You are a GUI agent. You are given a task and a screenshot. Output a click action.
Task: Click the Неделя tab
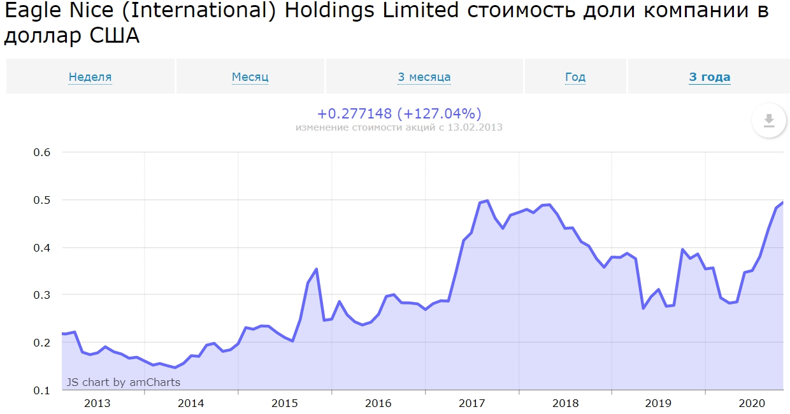pyautogui.click(x=90, y=77)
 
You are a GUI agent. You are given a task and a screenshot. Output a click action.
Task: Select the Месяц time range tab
pyautogui.click(x=250, y=77)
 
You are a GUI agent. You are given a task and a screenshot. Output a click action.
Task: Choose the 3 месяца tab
pyautogui.click(x=424, y=77)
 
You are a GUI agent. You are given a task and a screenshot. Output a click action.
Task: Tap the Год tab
pyautogui.click(x=575, y=77)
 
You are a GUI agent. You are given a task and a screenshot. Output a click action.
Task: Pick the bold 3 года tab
pyautogui.click(x=709, y=77)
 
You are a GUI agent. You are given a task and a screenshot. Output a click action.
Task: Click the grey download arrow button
pyautogui.click(x=768, y=120)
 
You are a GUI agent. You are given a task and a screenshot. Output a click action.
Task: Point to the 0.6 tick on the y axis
pyautogui.click(x=41, y=152)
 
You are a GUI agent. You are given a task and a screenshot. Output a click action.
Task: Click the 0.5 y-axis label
pyautogui.click(x=41, y=200)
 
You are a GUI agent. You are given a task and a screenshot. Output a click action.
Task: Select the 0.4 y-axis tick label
pyautogui.click(x=41, y=248)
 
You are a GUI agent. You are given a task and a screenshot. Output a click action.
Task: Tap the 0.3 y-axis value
pyautogui.click(x=41, y=295)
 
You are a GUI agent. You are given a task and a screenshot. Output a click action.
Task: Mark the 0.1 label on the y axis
pyautogui.click(x=41, y=390)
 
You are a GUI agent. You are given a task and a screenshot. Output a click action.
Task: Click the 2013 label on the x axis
pyautogui.click(x=97, y=403)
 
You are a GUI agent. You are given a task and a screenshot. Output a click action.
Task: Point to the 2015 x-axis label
pyautogui.click(x=284, y=403)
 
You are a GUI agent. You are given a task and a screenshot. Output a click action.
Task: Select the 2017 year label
pyautogui.click(x=471, y=403)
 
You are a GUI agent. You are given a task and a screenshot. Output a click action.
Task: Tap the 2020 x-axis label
pyautogui.click(x=751, y=403)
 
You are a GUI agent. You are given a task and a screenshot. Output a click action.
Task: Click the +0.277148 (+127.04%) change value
pyautogui.click(x=399, y=114)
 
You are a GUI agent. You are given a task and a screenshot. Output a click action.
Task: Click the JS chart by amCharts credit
pyautogui.click(x=123, y=382)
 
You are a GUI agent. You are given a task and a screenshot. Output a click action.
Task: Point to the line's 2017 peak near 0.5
pyautogui.click(x=487, y=201)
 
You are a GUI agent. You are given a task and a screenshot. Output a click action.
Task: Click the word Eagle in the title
pyautogui.click(x=30, y=11)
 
